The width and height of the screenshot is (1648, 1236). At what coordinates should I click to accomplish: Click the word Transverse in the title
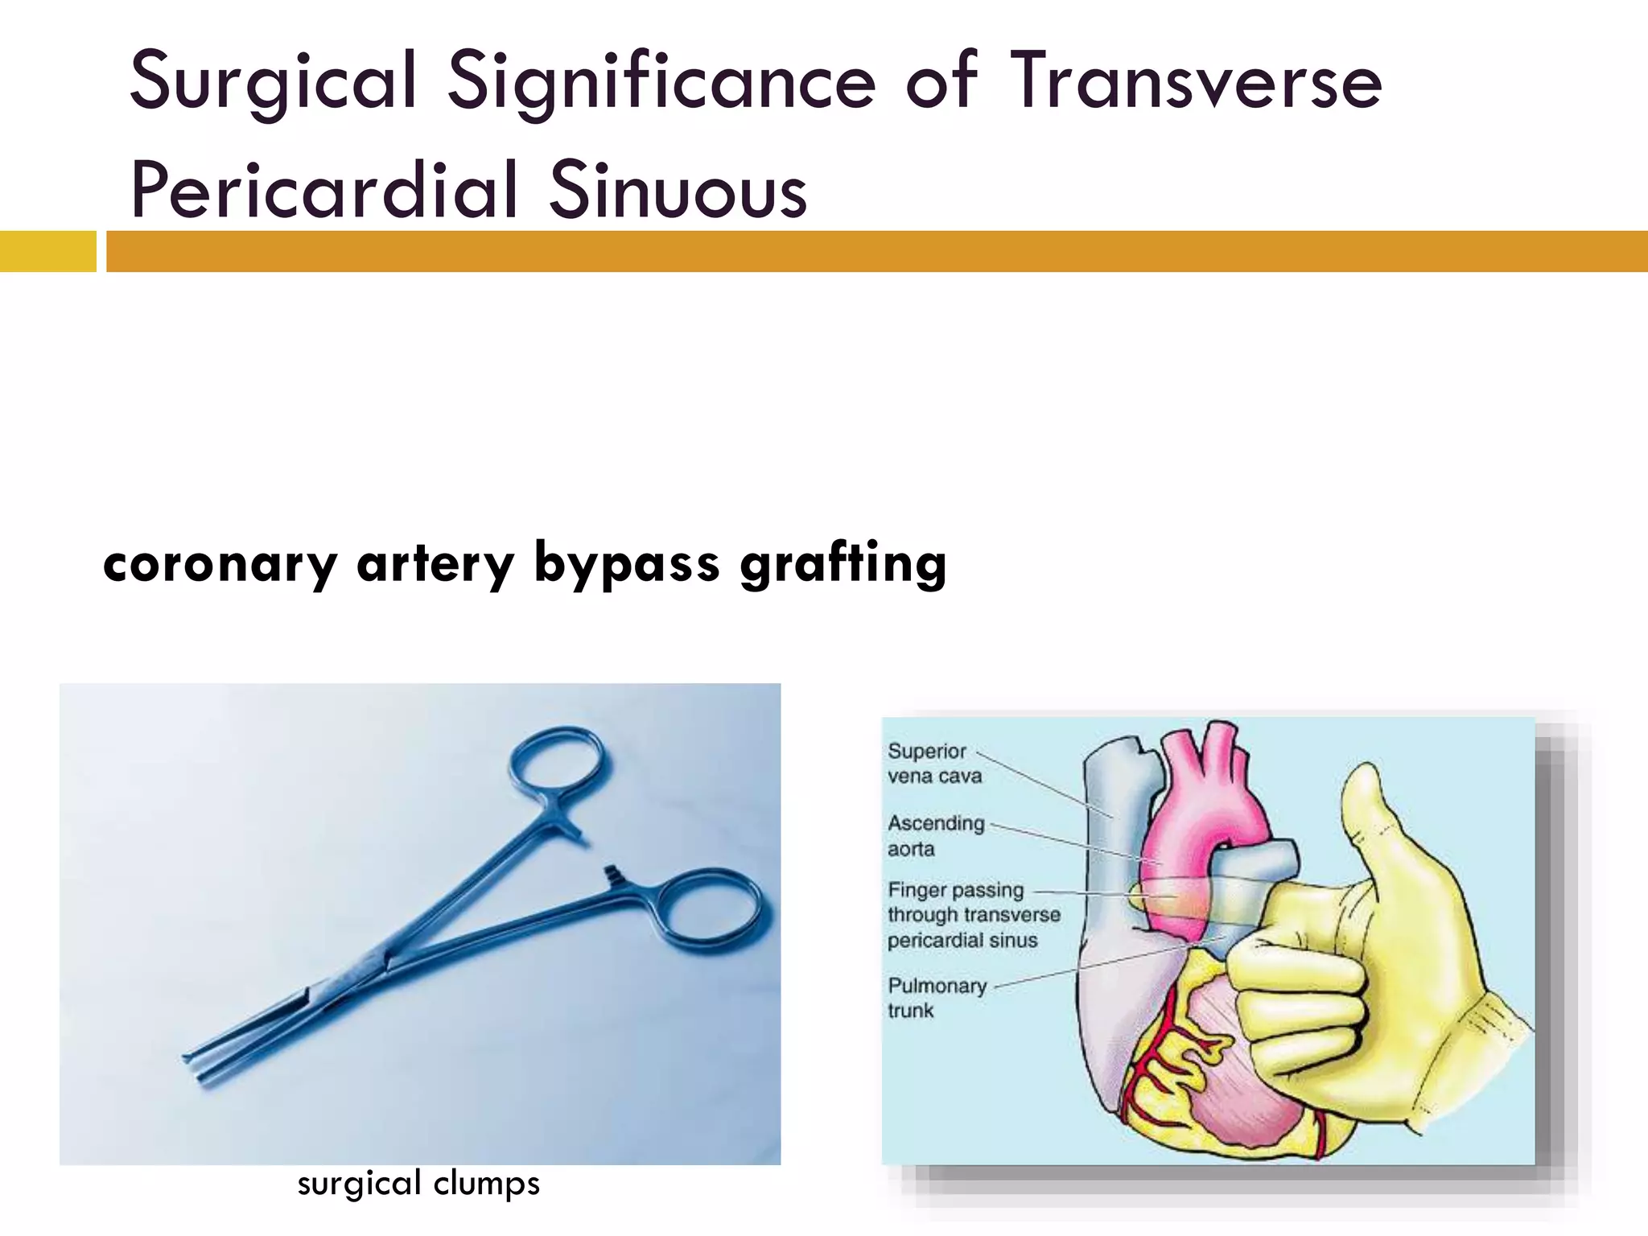click(1194, 80)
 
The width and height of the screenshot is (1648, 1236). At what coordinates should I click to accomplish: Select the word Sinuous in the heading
click(678, 190)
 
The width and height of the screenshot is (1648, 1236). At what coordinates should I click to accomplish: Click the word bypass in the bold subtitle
click(626, 563)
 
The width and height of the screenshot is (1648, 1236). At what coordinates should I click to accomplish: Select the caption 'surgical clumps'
click(418, 1184)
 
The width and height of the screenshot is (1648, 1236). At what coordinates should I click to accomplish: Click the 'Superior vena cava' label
click(934, 763)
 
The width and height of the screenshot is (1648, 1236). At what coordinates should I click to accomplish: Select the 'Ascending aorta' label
click(935, 835)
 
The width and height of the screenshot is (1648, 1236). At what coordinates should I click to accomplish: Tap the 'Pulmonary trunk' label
click(936, 998)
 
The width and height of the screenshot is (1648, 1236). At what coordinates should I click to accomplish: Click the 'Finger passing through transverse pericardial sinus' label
click(973, 915)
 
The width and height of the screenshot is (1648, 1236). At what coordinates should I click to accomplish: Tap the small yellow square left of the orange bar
click(47, 251)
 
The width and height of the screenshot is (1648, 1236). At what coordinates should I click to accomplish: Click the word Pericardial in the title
click(324, 190)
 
